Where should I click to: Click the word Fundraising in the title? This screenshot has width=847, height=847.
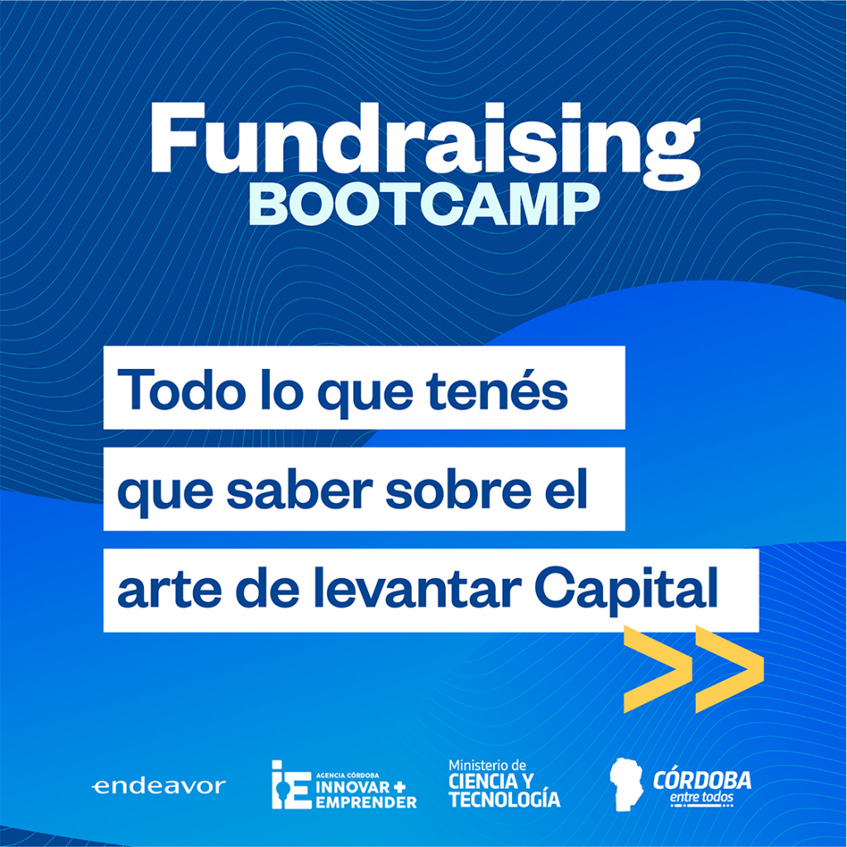tap(425, 146)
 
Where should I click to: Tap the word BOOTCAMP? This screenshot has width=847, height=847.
tap(424, 204)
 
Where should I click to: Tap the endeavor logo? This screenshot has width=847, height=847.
tap(159, 786)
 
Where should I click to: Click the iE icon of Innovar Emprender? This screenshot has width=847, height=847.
tap(291, 784)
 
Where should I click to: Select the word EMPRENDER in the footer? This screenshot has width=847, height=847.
tap(366, 802)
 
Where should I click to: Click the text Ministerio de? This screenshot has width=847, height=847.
tap(487, 765)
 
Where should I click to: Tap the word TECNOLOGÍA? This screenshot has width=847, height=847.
tap(505, 800)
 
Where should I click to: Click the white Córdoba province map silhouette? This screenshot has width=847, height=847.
tap(625, 784)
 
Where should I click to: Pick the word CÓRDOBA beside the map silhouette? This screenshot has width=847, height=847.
tap(701, 779)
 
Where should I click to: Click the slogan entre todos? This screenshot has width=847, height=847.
tap(701, 797)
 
